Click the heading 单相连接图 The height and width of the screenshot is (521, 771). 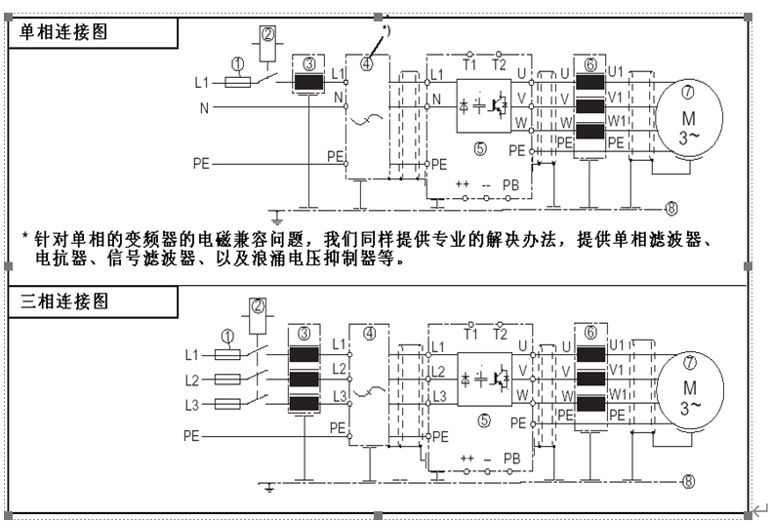(64, 31)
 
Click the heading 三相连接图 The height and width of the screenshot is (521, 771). (64, 301)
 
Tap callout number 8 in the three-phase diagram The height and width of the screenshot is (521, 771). (688, 481)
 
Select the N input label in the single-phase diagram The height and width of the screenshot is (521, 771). (204, 107)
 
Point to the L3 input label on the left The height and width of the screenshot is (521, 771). (191, 405)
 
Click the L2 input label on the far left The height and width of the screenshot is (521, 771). (191, 379)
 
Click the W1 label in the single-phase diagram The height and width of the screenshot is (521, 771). (616, 121)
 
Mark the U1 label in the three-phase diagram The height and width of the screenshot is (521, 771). (616, 344)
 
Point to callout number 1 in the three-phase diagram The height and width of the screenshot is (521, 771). (227, 336)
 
